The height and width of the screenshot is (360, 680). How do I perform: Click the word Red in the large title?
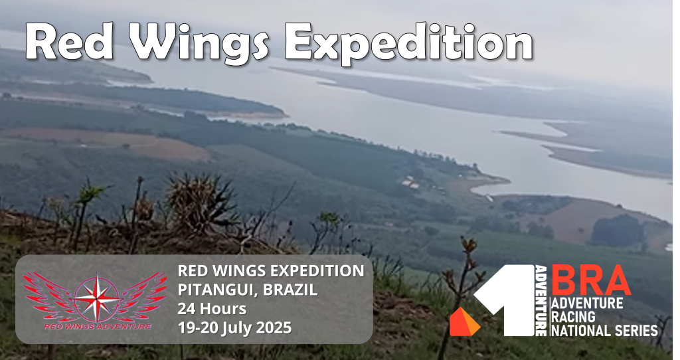pyautogui.click(x=69, y=42)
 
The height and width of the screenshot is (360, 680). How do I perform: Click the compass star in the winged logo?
pyautogui.click(x=96, y=299)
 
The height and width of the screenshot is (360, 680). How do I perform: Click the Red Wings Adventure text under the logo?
pyautogui.click(x=97, y=326)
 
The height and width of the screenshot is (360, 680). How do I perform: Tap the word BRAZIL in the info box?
pyautogui.click(x=290, y=290)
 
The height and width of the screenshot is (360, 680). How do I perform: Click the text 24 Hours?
pyautogui.click(x=212, y=309)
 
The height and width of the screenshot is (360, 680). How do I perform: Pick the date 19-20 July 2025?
pyautogui.click(x=234, y=327)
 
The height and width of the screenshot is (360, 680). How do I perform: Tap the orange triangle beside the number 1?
pyautogui.click(x=464, y=322)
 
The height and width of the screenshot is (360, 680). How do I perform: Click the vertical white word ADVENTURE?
pyautogui.click(x=541, y=301)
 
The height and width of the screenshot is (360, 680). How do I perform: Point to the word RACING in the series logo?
pyautogui.click(x=573, y=317)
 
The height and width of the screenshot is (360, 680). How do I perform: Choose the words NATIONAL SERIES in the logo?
pyautogui.click(x=604, y=331)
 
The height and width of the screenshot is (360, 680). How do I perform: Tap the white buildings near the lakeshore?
pyautogui.click(x=410, y=183)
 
